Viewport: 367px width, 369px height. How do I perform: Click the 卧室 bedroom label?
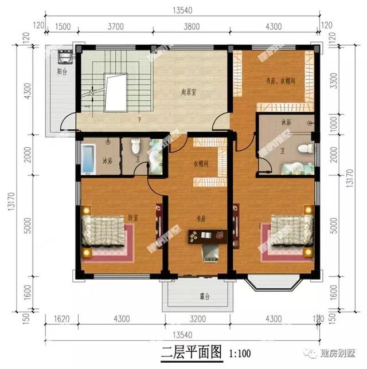pyautogui.click(x=133, y=217)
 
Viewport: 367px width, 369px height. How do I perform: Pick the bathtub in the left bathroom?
pyautogui.click(x=88, y=159)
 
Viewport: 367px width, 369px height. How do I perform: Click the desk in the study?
pyautogui.click(x=207, y=234)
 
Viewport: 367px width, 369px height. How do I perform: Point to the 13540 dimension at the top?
pyautogui.click(x=183, y=10)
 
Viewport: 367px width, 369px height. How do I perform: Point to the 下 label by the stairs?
pyautogui.click(x=139, y=120)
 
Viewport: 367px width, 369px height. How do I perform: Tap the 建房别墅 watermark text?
pyautogui.click(x=338, y=350)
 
